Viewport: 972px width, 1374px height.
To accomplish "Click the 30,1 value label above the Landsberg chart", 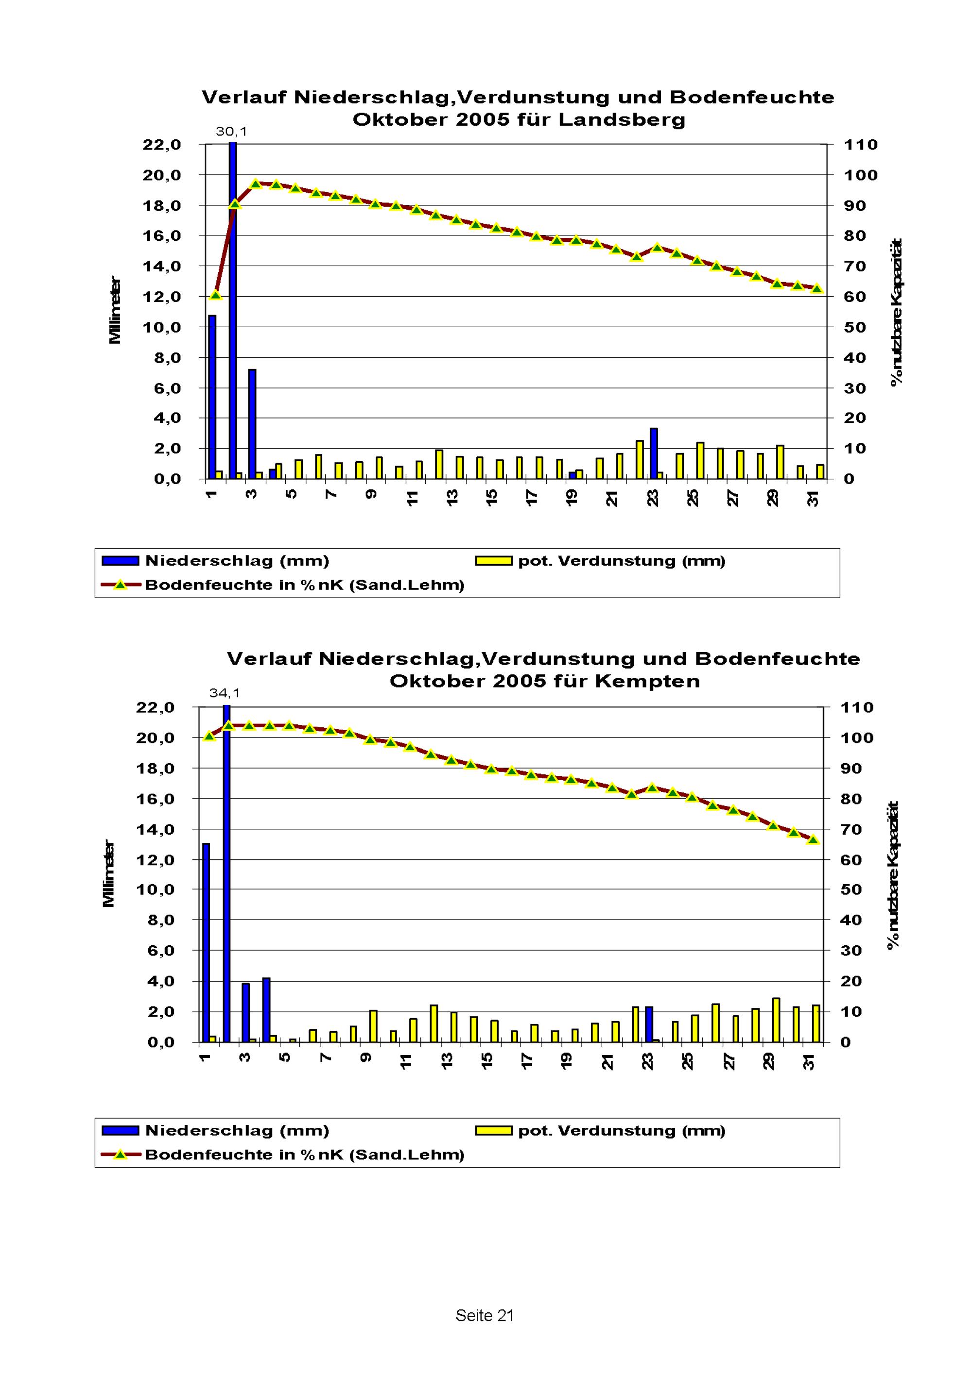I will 231,132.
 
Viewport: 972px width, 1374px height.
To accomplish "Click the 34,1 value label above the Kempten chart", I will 225,693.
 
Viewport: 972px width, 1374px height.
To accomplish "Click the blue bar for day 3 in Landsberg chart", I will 252,424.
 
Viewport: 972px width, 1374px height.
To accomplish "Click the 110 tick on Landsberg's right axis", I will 861,145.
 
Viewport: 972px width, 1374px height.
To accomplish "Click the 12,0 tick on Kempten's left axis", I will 155,860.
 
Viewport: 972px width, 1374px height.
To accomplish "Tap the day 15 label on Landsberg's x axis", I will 492,498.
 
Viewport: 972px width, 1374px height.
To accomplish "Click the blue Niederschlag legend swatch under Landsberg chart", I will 121,561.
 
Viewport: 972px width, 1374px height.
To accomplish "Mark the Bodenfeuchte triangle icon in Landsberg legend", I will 121,585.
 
